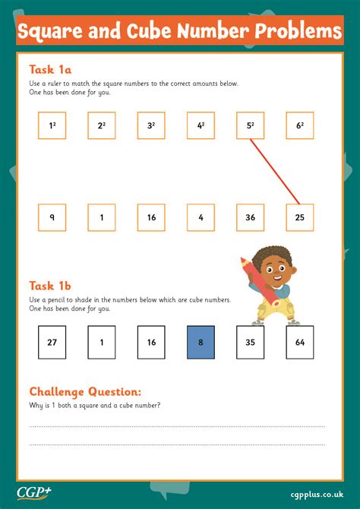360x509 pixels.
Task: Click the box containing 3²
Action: tap(151, 126)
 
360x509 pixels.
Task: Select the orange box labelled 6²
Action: tap(300, 126)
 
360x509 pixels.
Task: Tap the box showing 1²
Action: tap(52, 126)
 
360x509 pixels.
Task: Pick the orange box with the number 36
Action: tap(250, 217)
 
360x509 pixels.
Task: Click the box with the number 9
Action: tap(52, 217)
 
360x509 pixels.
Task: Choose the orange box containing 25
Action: tap(300, 217)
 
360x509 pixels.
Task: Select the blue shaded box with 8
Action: tap(201, 342)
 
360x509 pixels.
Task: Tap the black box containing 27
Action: tap(52, 342)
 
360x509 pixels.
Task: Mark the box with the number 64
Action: tap(300, 342)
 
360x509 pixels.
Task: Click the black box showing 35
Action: tap(250, 342)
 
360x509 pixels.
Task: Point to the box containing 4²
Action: tap(201, 126)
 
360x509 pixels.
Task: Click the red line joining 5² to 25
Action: tap(275, 171)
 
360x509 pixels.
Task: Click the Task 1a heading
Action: tap(50, 68)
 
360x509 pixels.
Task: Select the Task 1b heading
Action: tap(50, 286)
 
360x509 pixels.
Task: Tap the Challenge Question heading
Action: tap(85, 391)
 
